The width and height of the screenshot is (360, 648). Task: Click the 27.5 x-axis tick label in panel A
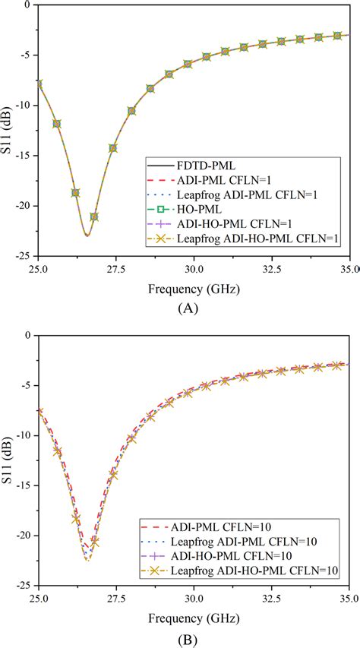115,269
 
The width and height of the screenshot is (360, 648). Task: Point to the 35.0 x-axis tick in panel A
346,269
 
